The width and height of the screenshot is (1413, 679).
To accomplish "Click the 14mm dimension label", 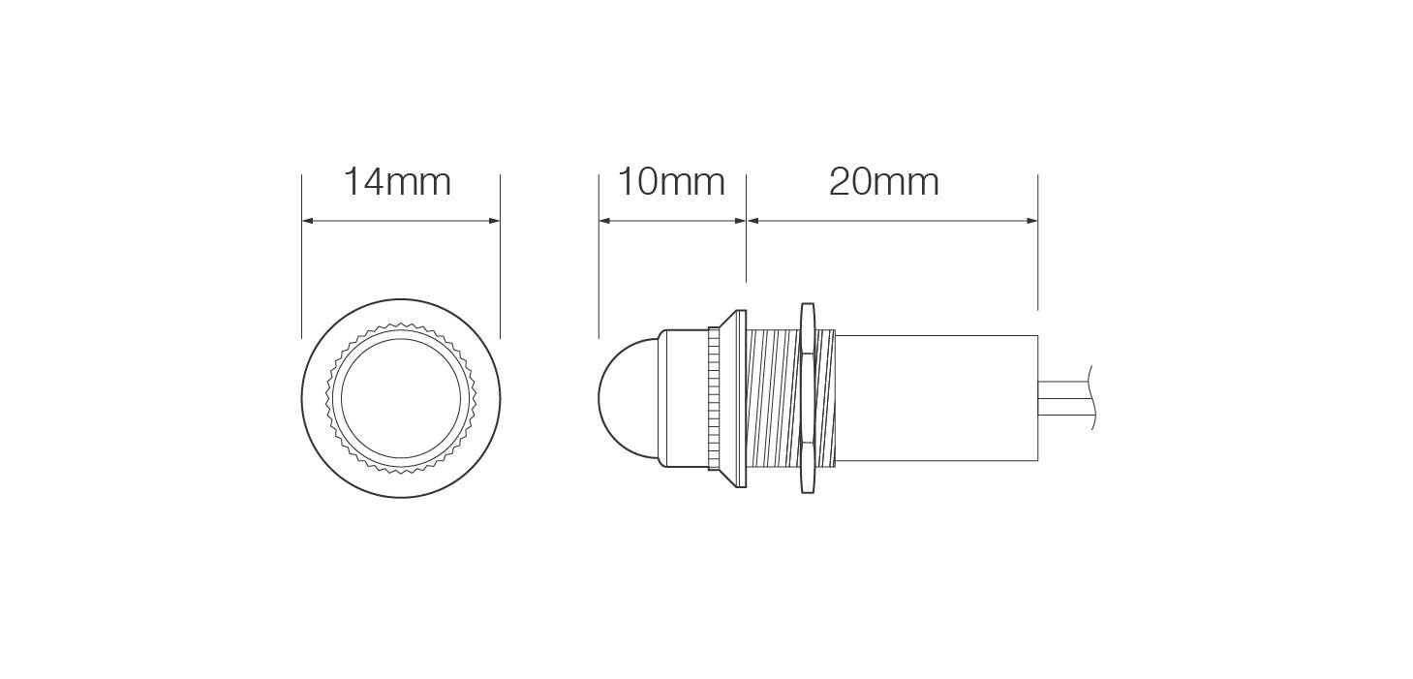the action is point(397,182).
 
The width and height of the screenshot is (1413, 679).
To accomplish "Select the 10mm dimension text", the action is point(671,182).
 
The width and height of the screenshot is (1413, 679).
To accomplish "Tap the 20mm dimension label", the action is point(884,182).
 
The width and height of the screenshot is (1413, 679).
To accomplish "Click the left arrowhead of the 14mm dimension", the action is point(308,221).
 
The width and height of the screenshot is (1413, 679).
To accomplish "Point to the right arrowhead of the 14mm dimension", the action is point(494,221).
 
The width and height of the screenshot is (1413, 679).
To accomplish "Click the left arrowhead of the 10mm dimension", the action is point(605,221).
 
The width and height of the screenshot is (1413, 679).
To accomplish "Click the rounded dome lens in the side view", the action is point(628,398).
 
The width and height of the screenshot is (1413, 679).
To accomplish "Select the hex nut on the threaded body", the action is point(808,398).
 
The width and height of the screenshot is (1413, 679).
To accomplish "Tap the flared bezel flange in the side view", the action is point(733,398).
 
